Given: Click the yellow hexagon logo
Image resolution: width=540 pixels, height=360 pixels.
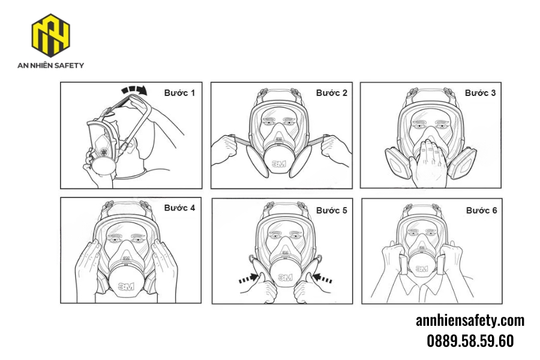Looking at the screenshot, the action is [50, 35].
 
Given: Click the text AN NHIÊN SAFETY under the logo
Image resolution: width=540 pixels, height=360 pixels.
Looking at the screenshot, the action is [50, 65].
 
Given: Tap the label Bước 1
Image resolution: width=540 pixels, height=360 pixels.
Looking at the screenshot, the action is [179, 93].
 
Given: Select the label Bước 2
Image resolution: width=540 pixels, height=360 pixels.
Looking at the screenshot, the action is [332, 93].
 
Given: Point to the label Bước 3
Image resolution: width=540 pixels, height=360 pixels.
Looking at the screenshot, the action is [481, 93].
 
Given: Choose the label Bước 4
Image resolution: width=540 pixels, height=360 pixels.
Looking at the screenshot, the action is [179, 208].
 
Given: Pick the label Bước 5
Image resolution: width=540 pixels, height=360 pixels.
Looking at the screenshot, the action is [332, 211].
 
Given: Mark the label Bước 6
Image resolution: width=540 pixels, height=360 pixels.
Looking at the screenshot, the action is [481, 211].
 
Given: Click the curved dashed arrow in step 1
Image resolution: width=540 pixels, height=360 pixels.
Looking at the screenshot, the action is [134, 89].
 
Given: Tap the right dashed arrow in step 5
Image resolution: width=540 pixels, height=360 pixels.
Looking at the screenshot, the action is [323, 278].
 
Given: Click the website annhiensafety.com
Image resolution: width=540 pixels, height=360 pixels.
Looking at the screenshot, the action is [470, 320].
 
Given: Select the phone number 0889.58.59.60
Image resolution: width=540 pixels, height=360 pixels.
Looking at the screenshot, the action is [470, 341].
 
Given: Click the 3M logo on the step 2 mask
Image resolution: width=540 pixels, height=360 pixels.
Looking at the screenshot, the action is [279, 164].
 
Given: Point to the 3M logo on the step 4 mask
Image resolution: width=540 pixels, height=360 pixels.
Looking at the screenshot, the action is [126, 286].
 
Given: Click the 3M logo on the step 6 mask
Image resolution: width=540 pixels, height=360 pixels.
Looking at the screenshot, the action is [422, 268].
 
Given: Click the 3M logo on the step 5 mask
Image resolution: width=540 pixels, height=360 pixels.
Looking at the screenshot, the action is [285, 277].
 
